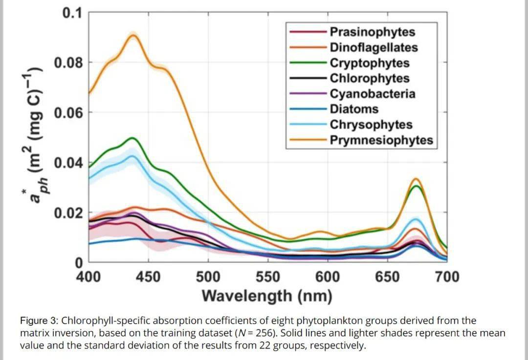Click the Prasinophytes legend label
(x=372, y=32)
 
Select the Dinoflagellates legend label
(x=374, y=48)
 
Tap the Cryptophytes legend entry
(x=369, y=64)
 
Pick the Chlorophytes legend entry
(x=369, y=79)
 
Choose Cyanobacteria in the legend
(x=372, y=94)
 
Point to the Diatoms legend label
(x=354, y=109)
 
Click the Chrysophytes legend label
(x=371, y=125)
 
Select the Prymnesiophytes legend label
(x=381, y=141)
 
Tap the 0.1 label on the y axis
(x=72, y=13)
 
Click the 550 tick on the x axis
(x=267, y=277)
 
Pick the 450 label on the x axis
(x=148, y=277)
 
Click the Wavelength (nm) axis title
(x=267, y=296)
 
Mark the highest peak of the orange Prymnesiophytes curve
(x=132, y=35)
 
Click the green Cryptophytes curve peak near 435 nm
(x=132, y=138)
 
